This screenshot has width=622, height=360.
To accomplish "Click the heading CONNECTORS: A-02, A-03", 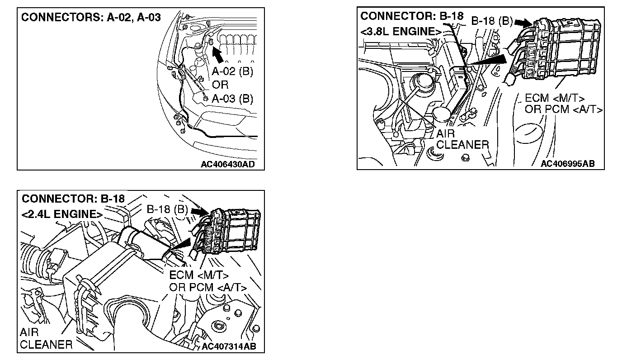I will click(x=91, y=18).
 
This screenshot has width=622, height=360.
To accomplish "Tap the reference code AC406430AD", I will click(x=227, y=164).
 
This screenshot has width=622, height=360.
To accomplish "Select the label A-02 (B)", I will click(x=233, y=71).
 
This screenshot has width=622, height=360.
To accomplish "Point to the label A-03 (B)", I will click(x=233, y=99).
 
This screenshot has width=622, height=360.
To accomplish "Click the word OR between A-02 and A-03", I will click(x=220, y=85).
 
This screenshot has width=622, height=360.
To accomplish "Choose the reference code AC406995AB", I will click(x=568, y=163).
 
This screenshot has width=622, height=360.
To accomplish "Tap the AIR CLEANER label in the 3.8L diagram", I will click(x=462, y=139).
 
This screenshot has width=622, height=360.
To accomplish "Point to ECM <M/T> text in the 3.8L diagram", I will click(x=555, y=99).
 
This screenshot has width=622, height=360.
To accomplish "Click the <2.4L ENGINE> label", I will click(x=62, y=214).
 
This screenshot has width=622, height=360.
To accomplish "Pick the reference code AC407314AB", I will click(x=229, y=346).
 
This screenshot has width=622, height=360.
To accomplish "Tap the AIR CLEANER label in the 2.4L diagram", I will click(x=46, y=339).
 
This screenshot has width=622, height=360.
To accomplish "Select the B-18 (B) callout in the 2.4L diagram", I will click(x=167, y=209).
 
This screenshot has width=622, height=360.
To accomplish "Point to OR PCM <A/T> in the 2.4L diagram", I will click(x=208, y=287).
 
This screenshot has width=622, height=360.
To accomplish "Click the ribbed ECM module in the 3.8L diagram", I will click(x=574, y=49).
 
